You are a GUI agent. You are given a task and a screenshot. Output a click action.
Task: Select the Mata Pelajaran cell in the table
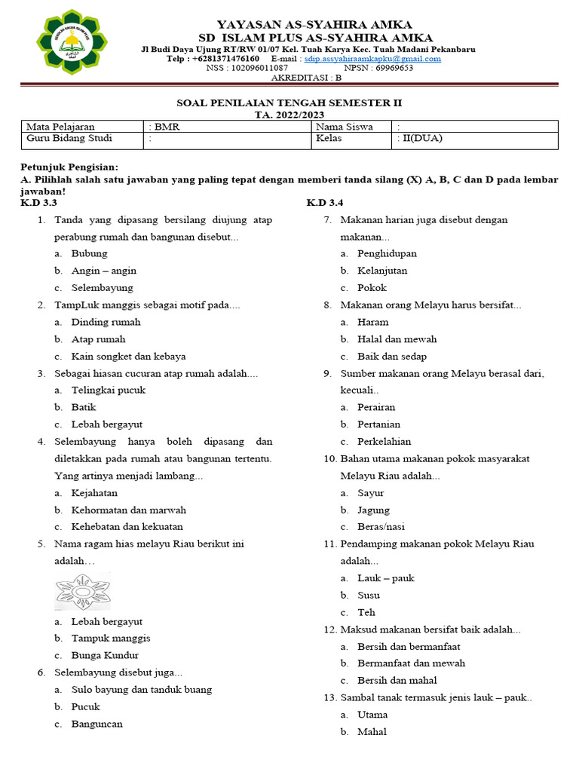(x=61, y=127)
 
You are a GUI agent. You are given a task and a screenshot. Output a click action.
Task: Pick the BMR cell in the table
(x=165, y=127)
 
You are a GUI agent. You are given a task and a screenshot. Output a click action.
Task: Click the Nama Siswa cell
(x=345, y=127)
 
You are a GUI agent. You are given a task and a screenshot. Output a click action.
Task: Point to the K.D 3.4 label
(x=325, y=203)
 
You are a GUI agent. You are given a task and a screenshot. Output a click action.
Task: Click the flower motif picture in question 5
(x=83, y=590)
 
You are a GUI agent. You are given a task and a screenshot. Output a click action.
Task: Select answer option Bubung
(x=89, y=253)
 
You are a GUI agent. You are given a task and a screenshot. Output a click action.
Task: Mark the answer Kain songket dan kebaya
(x=128, y=357)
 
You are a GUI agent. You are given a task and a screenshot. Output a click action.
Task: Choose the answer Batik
(x=84, y=407)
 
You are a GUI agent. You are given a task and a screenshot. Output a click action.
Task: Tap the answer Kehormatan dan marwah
(x=128, y=510)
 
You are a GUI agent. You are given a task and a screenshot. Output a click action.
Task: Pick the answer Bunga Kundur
(x=105, y=655)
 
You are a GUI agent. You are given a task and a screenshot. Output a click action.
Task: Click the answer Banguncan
(x=96, y=724)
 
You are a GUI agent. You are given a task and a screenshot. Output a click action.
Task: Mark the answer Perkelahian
(x=384, y=442)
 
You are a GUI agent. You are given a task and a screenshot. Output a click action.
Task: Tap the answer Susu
(x=368, y=595)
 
